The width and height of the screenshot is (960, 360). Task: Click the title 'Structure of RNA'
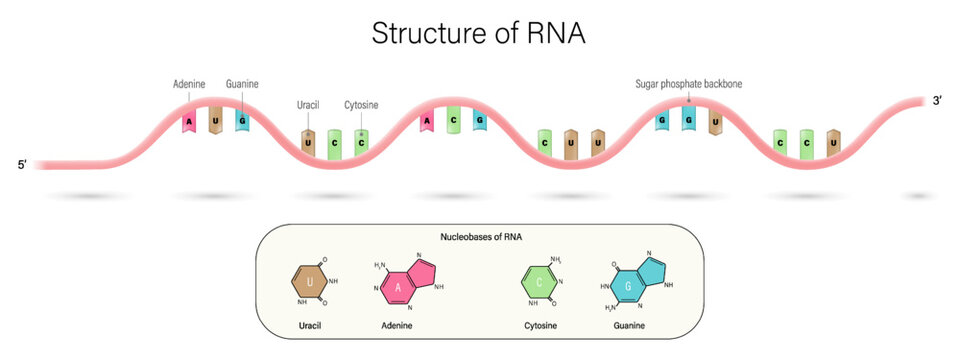coord(478,32)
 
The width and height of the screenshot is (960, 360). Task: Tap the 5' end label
coord(23,164)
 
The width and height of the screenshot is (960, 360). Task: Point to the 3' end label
coord(937,101)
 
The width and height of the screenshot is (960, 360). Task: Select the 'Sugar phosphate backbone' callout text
coord(688,84)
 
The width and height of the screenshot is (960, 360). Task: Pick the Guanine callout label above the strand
coord(242,84)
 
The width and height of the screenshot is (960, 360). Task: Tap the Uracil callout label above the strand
coord(308,105)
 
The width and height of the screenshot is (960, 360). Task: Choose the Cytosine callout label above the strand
coord(361,105)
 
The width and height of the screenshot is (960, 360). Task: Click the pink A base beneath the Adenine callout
coord(188,123)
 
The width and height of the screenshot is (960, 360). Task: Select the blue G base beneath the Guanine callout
coord(242,120)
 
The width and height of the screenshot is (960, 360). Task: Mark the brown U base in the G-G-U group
coord(714,122)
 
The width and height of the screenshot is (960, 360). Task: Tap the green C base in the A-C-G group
coord(453,121)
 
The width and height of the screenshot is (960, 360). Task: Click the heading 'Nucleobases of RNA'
coord(479,237)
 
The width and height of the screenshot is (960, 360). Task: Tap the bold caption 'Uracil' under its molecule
coord(310,326)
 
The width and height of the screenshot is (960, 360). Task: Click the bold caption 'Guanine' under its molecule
coord(630,326)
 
